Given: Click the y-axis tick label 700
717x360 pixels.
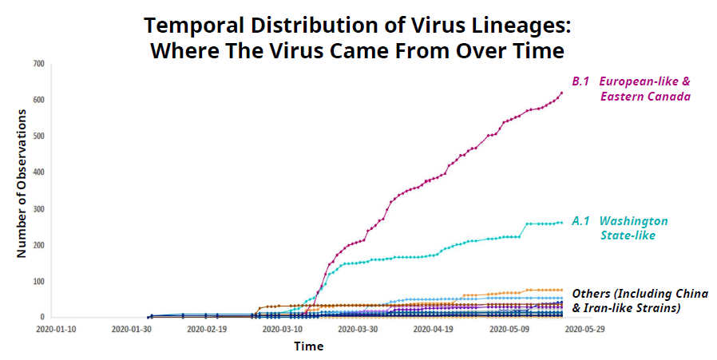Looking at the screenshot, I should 38,63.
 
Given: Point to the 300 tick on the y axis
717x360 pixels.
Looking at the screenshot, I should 38,208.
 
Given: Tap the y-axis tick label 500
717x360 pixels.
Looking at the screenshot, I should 38,136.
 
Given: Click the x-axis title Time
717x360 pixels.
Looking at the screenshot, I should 308,346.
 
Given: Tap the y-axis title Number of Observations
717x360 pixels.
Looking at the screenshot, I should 23,183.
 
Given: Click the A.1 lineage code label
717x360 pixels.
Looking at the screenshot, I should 580,221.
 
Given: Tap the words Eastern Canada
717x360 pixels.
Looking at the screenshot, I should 645,97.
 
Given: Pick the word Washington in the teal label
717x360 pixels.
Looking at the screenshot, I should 634,221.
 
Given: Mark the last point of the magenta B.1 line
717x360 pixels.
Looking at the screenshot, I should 561,93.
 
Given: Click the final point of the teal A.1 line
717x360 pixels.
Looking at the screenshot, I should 561,223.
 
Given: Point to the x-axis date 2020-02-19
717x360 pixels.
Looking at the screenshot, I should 206,328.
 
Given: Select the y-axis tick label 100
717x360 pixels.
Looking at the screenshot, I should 38,281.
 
